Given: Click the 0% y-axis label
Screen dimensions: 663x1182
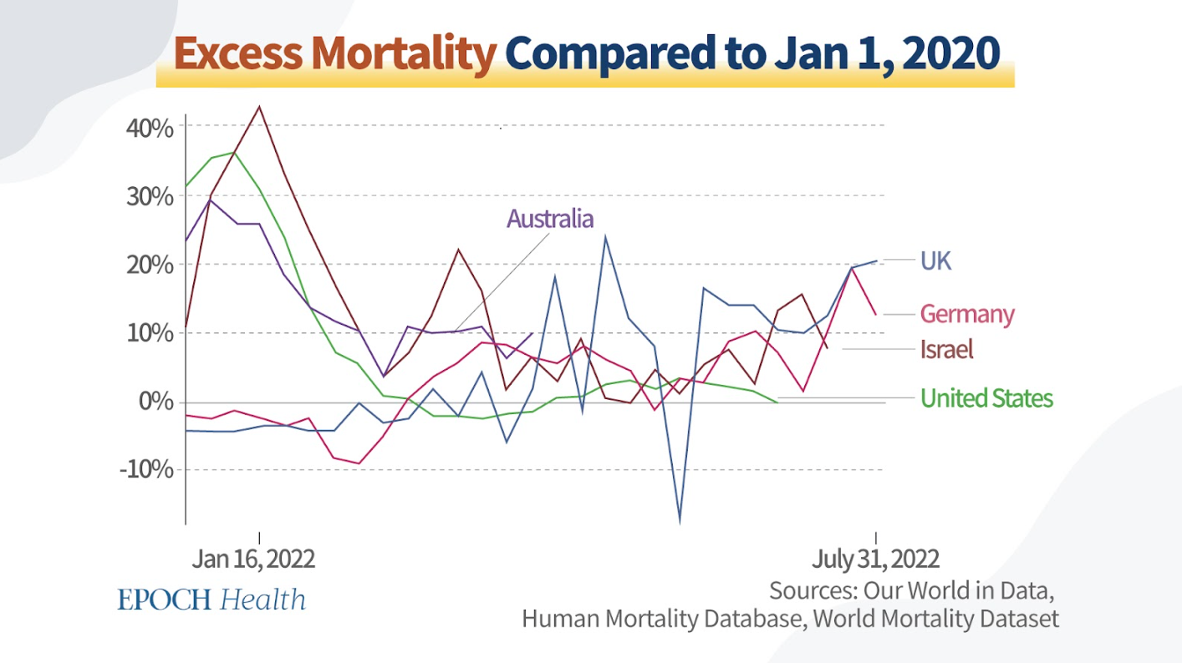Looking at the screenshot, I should tap(157, 402).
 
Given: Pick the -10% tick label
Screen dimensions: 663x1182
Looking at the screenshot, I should tap(146, 469).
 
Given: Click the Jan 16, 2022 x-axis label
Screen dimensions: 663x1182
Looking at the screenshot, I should tap(253, 559).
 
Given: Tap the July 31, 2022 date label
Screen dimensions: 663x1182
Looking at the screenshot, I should tap(875, 559).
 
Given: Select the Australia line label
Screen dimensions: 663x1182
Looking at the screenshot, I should tap(550, 219).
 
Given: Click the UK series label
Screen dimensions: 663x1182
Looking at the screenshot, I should tap(935, 261).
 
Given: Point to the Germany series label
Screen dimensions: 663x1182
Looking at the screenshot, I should tap(966, 314).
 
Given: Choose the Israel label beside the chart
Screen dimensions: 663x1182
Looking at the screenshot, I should tap(946, 348).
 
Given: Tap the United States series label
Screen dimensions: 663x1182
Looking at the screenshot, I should tap(986, 398).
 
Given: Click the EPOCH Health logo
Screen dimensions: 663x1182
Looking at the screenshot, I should tap(211, 600).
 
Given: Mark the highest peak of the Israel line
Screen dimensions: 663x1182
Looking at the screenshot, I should tap(260, 106).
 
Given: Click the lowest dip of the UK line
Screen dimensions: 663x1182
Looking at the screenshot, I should tap(680, 523).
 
